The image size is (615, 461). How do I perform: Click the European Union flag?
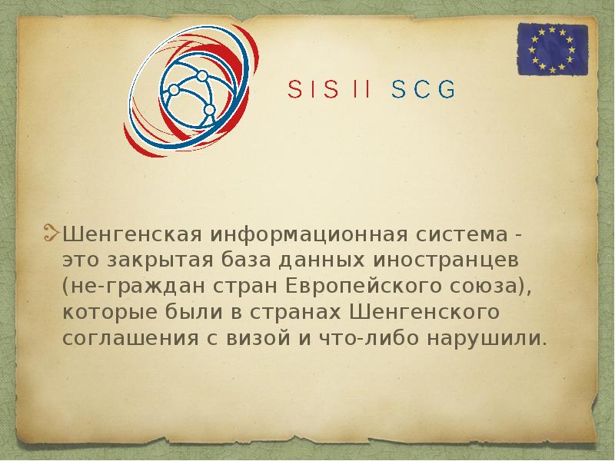click(x=552, y=49)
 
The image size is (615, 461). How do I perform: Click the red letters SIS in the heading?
click(x=313, y=90)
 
